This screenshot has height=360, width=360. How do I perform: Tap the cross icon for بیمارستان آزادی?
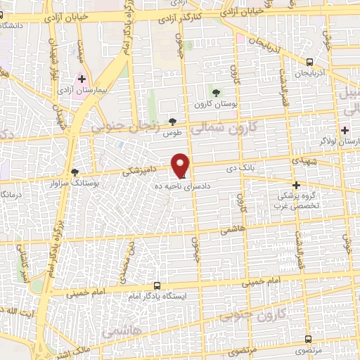[82, 79]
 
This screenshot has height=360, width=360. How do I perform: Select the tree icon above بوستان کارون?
[217, 92]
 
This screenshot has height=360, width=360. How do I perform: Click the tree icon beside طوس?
[173, 122]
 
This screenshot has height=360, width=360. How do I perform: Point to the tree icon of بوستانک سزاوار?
[76, 172]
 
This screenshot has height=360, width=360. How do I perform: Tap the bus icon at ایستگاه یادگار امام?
[157, 285]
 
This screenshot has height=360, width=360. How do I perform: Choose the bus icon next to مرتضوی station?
[296, 337]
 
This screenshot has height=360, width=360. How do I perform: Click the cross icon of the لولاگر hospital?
[345, 129]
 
